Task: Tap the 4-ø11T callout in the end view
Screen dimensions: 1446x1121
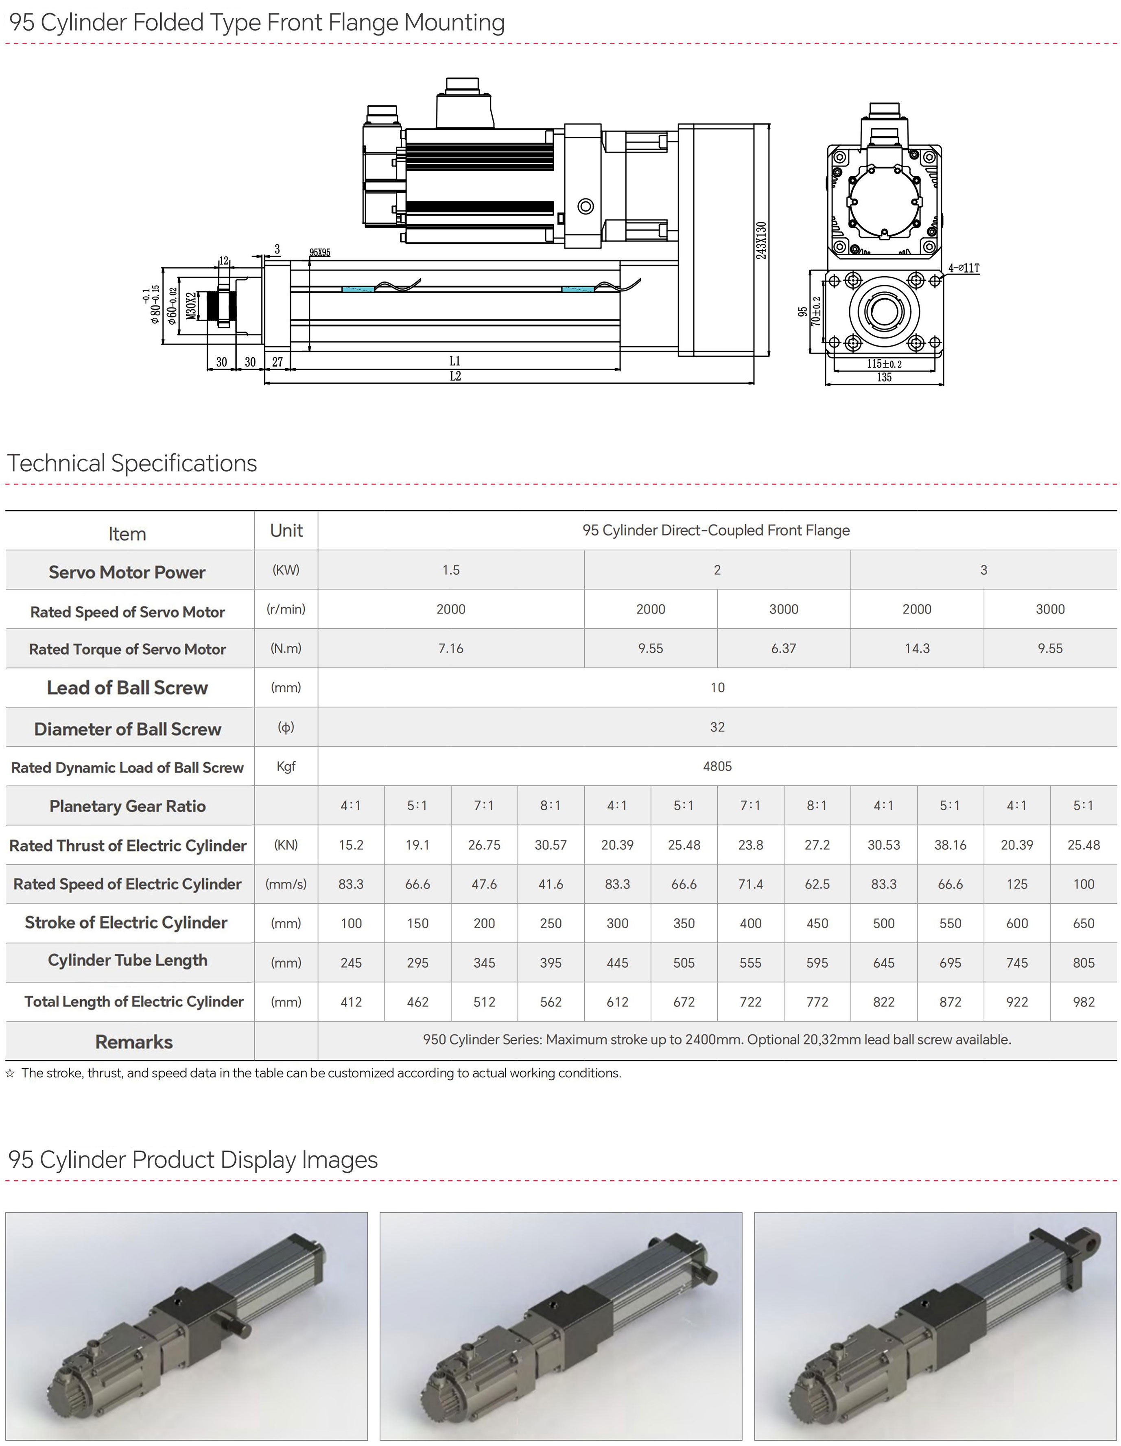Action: point(964,268)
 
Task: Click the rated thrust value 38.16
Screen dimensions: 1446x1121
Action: point(950,845)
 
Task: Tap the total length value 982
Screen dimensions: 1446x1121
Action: point(1083,1002)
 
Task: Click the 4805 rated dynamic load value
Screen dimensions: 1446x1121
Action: point(717,766)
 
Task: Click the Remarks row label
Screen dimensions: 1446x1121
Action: point(134,1042)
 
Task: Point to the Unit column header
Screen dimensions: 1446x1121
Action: point(286,530)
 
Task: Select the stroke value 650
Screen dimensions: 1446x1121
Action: point(1083,923)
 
